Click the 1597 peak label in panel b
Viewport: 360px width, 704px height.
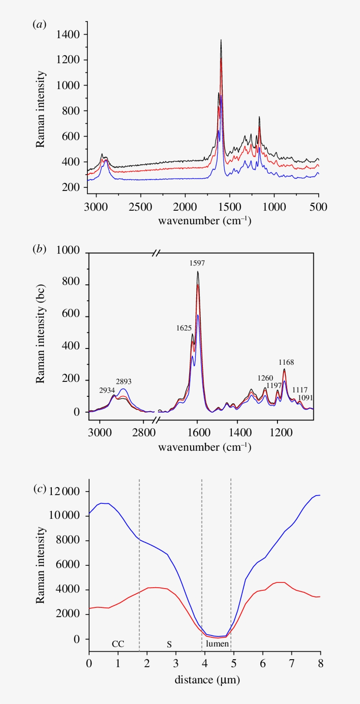(x=197, y=263)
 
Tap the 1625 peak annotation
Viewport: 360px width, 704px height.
(x=184, y=328)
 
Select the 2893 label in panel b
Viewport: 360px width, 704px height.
(x=124, y=381)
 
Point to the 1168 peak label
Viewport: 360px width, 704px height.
(x=286, y=363)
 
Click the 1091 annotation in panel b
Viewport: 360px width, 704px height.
(x=306, y=398)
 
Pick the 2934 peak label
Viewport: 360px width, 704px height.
(x=107, y=390)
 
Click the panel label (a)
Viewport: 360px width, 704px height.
(x=40, y=25)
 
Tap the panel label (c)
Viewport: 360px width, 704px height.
(x=40, y=488)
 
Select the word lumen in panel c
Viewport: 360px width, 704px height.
(x=217, y=644)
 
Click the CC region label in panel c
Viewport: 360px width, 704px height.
(x=118, y=644)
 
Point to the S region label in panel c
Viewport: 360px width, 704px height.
(x=169, y=644)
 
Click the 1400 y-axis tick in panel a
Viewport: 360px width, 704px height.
(x=68, y=34)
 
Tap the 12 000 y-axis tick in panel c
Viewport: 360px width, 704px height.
(x=65, y=492)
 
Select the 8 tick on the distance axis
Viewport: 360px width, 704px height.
(x=320, y=663)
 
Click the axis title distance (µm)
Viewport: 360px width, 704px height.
(x=207, y=680)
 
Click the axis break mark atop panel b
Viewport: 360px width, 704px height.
(x=157, y=253)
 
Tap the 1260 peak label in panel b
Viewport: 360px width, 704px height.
(x=265, y=378)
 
